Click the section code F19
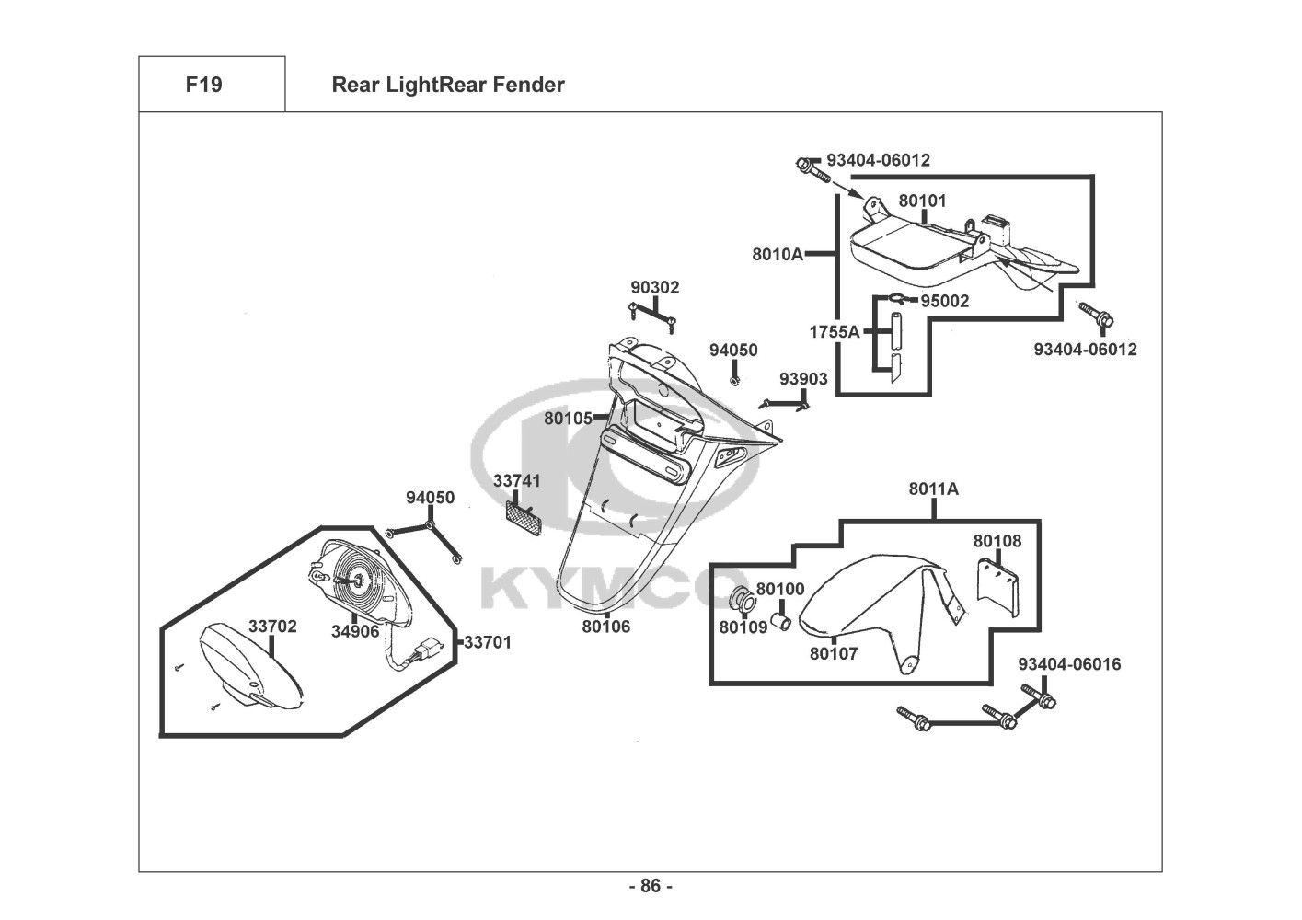(203, 85)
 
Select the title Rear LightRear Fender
(447, 85)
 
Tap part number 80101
(922, 201)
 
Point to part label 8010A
(778, 254)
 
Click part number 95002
(944, 301)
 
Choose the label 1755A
(834, 332)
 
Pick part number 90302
(654, 287)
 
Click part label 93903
(803, 378)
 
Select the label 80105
(568, 418)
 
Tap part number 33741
(517, 480)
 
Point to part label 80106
(605, 627)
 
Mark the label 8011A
(933, 489)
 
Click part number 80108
(997, 541)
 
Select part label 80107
(834, 654)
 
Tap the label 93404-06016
(1069, 663)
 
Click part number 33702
(272, 627)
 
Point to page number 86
(651, 887)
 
